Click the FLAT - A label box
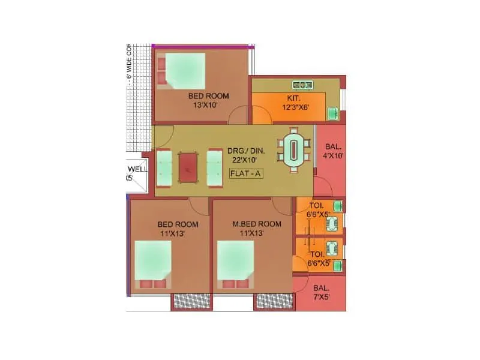(246, 174)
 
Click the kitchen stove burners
(303, 85)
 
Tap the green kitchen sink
(332, 112)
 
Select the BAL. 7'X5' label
(322, 292)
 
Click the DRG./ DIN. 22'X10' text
(242, 155)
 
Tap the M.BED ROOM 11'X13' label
(248, 229)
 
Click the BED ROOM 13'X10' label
(208, 100)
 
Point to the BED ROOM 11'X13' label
(178, 229)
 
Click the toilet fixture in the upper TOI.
(332, 224)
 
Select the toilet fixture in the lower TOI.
(332, 248)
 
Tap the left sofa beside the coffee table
(164, 168)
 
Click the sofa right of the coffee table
(214, 168)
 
